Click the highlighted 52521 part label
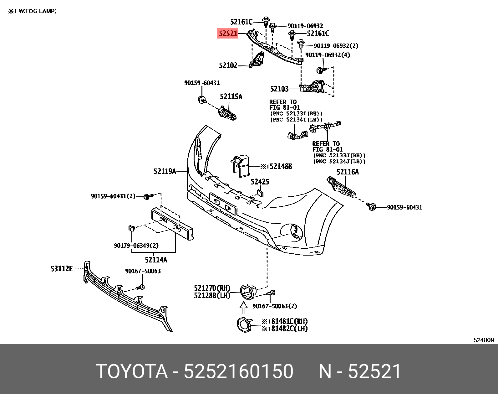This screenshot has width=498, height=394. (228, 33)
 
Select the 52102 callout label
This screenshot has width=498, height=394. (228, 65)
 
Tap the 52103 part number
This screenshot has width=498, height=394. (279, 89)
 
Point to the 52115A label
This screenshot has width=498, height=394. (231, 96)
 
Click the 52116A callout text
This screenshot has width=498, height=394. (348, 172)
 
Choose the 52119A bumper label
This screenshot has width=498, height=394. (165, 171)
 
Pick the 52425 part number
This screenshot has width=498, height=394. (260, 182)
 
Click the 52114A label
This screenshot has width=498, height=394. (156, 260)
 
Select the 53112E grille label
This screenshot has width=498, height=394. (62, 268)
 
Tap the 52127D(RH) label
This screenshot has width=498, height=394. (212, 288)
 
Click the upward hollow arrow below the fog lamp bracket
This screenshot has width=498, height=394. (244, 308)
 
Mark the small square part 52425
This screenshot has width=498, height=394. (260, 192)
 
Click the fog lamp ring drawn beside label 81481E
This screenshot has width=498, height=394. (244, 324)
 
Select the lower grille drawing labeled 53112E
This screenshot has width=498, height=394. (125, 298)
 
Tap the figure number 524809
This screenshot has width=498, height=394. (483, 340)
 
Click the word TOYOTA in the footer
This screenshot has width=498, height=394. (131, 371)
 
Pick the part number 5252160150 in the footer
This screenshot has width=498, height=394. (238, 371)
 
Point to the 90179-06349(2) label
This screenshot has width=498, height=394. (136, 246)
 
